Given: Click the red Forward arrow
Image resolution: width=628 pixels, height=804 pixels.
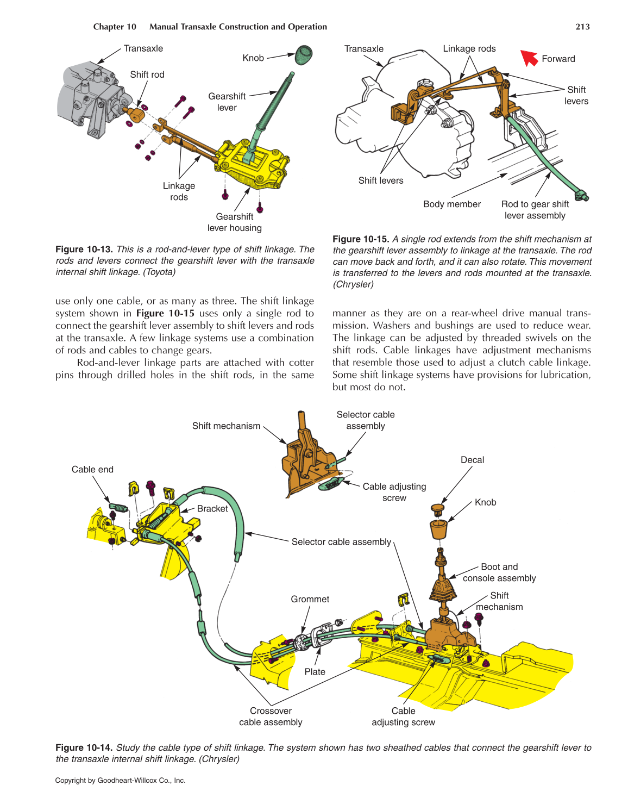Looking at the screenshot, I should (529, 57).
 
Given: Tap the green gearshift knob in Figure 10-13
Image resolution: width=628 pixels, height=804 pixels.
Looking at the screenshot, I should (304, 53).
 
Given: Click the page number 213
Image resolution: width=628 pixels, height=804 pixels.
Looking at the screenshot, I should (582, 27).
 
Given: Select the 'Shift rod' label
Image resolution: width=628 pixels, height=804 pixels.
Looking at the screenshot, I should (147, 74).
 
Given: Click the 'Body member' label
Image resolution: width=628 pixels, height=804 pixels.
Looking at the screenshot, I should (451, 204).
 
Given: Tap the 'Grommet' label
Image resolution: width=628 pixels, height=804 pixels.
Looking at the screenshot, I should (310, 599).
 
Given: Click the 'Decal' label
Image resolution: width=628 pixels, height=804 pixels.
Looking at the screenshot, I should (472, 460).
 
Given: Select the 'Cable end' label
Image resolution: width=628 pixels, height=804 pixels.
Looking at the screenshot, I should (92, 470).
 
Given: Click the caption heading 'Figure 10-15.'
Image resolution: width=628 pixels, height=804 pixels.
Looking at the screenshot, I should (361, 239).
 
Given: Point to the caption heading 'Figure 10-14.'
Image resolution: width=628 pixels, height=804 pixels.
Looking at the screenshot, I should (84, 748).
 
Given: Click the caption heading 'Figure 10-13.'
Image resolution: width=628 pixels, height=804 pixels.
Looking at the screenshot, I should (84, 250).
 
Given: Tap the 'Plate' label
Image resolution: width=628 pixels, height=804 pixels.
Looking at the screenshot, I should (315, 672).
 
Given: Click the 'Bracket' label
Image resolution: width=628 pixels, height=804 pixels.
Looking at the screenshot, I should (212, 509).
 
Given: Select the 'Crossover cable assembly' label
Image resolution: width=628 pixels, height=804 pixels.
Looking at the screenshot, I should (271, 716).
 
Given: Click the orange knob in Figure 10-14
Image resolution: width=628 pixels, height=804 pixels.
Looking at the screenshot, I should (438, 529).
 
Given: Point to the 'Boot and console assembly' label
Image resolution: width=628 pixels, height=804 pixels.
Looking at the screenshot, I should (499, 572).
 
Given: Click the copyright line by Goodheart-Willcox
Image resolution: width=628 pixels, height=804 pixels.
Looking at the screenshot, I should (120, 781).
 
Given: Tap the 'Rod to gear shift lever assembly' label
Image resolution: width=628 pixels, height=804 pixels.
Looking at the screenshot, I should (535, 210).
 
